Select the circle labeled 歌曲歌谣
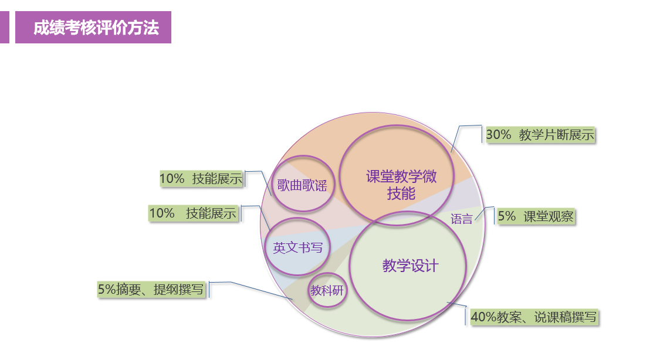pyautogui.click(x=302, y=184)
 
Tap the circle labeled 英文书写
pyautogui.click(x=297, y=247)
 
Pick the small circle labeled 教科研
pyautogui.click(x=327, y=290)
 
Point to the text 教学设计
pyautogui.click(x=410, y=266)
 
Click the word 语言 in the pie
pyautogui.click(x=462, y=219)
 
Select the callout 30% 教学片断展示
pyautogui.click(x=540, y=135)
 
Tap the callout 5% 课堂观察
pyautogui.click(x=535, y=216)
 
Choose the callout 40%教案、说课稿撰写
pyautogui.click(x=533, y=317)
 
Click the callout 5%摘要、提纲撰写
pyautogui.click(x=151, y=289)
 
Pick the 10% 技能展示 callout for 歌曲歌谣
pyautogui.click(x=201, y=179)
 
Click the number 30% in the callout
pyautogui.click(x=498, y=135)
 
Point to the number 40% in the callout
pyautogui.click(x=483, y=317)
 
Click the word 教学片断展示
pyautogui.click(x=557, y=135)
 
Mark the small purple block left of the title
pyautogui.click(x=4, y=28)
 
